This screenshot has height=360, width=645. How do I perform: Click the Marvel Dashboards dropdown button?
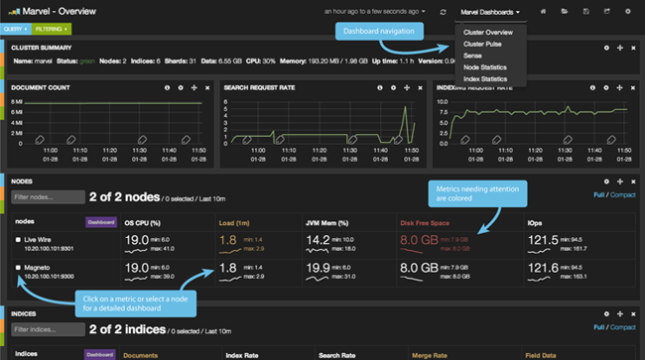tap(490, 12)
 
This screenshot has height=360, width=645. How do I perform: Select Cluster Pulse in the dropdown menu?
tap(483, 45)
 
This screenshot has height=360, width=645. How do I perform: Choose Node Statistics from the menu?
tap(487, 67)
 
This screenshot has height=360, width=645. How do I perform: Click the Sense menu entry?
tap(474, 57)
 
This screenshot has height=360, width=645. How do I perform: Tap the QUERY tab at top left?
tap(15, 30)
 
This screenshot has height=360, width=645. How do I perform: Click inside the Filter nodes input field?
tap(47, 197)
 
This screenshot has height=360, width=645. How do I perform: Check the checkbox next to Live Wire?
tap(18, 240)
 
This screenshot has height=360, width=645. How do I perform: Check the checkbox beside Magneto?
tap(18, 268)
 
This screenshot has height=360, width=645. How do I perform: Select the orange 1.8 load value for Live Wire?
tap(228, 240)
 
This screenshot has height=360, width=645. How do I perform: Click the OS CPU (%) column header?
tap(144, 222)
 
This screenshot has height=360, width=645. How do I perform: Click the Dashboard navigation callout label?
tap(377, 32)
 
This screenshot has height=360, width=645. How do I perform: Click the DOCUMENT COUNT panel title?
tap(40, 87)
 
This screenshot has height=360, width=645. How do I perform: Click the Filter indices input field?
tap(47, 329)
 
